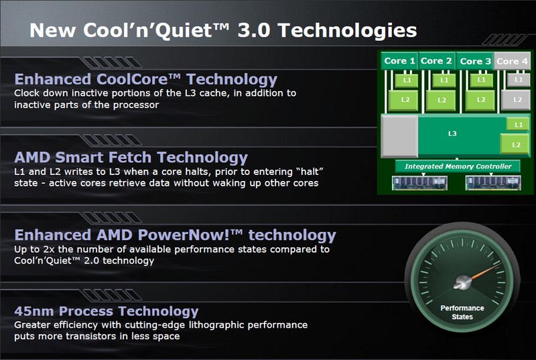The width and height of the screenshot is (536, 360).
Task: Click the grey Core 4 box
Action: [x=512, y=61]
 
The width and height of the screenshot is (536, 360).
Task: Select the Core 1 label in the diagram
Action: [x=399, y=61]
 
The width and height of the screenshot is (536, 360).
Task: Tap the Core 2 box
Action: [x=437, y=61]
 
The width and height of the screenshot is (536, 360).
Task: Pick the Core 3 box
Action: [x=474, y=61]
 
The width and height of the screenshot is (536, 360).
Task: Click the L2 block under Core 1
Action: [x=405, y=100]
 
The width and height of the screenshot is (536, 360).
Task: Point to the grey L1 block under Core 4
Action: [x=519, y=80]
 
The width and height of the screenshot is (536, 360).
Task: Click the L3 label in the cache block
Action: [x=452, y=133]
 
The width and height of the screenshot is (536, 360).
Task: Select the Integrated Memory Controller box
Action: [x=458, y=166]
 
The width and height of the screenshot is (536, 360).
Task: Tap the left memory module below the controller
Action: [x=420, y=182]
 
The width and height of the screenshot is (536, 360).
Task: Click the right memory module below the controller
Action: [x=493, y=182]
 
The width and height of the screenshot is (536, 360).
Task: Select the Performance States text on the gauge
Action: [x=462, y=312]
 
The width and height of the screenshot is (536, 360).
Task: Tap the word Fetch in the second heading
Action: [x=129, y=158]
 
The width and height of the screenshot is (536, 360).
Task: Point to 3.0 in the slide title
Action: [x=254, y=30]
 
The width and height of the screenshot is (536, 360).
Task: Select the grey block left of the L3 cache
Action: [x=399, y=136]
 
